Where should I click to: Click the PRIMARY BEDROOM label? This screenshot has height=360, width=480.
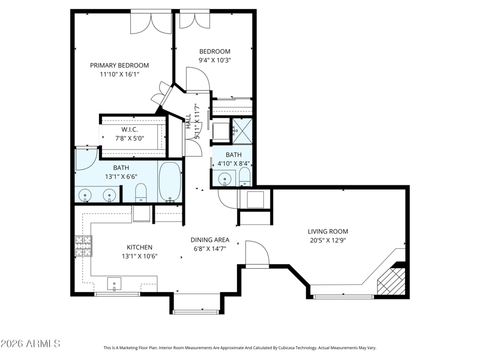pyautogui.click(x=119, y=65)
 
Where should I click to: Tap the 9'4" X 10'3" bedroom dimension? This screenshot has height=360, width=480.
pyautogui.click(x=215, y=60)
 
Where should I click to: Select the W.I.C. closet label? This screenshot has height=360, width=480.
pyautogui.click(x=130, y=130)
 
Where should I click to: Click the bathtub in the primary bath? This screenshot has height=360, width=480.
pyautogui.click(x=170, y=182)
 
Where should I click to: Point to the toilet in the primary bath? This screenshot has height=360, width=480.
pyautogui.click(x=141, y=193)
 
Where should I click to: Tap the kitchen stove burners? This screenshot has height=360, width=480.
pyautogui.click(x=83, y=246)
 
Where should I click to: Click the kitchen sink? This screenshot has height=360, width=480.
pyautogui.click(x=114, y=284)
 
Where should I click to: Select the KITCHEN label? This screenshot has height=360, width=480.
pyautogui.click(x=140, y=247)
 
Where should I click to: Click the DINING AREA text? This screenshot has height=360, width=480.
pyautogui.click(x=210, y=240)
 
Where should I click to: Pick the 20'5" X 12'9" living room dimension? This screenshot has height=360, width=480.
pyautogui.click(x=328, y=241)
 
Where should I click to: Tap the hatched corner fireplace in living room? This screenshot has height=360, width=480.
pyautogui.click(x=391, y=281)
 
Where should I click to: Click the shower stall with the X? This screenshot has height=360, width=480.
pyautogui.click(x=242, y=131)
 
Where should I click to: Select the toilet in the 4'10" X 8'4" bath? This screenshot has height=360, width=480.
pyautogui.click(x=244, y=176)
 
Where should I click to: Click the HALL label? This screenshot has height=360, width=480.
pyautogui.click(x=188, y=121)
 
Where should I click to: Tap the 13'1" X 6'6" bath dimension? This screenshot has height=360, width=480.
pyautogui.click(x=121, y=176)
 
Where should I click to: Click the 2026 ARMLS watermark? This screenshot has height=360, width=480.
pyautogui.click(x=31, y=343)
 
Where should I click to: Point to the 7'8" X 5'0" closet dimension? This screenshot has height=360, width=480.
pyautogui.click(x=130, y=139)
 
